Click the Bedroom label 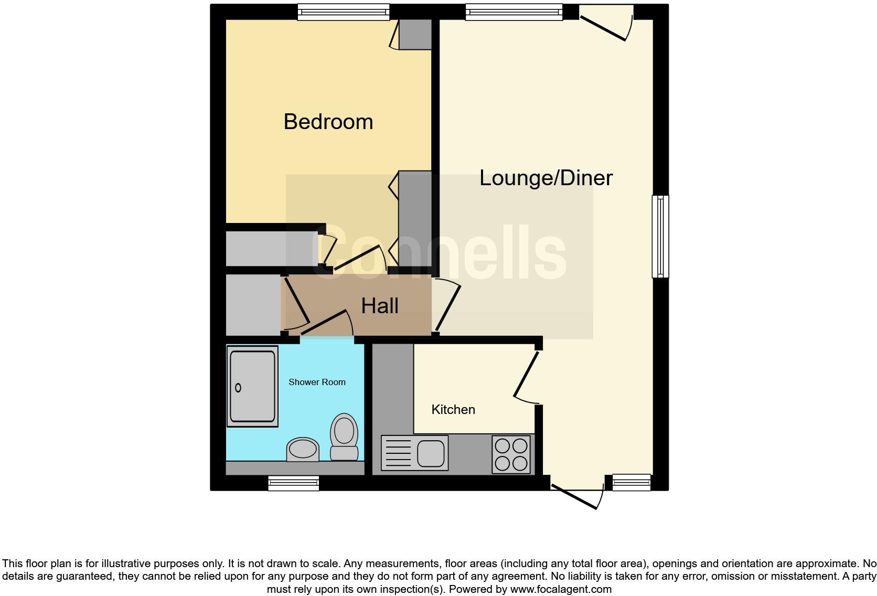tap(328, 122)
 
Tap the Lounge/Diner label tap(546, 178)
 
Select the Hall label tap(380, 306)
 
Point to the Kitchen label tap(453, 410)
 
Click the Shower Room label tap(317, 382)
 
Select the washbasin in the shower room tap(303, 450)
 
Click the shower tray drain tap(238, 388)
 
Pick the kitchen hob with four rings tap(511, 454)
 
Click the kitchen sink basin tap(431, 453)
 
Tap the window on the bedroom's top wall tap(344, 12)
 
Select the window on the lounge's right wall tap(660, 236)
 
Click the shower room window tap(293, 483)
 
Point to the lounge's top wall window tap(514, 12)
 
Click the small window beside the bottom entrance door tap(632, 482)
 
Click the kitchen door tap(527, 375)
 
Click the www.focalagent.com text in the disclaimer tap(560, 589)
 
